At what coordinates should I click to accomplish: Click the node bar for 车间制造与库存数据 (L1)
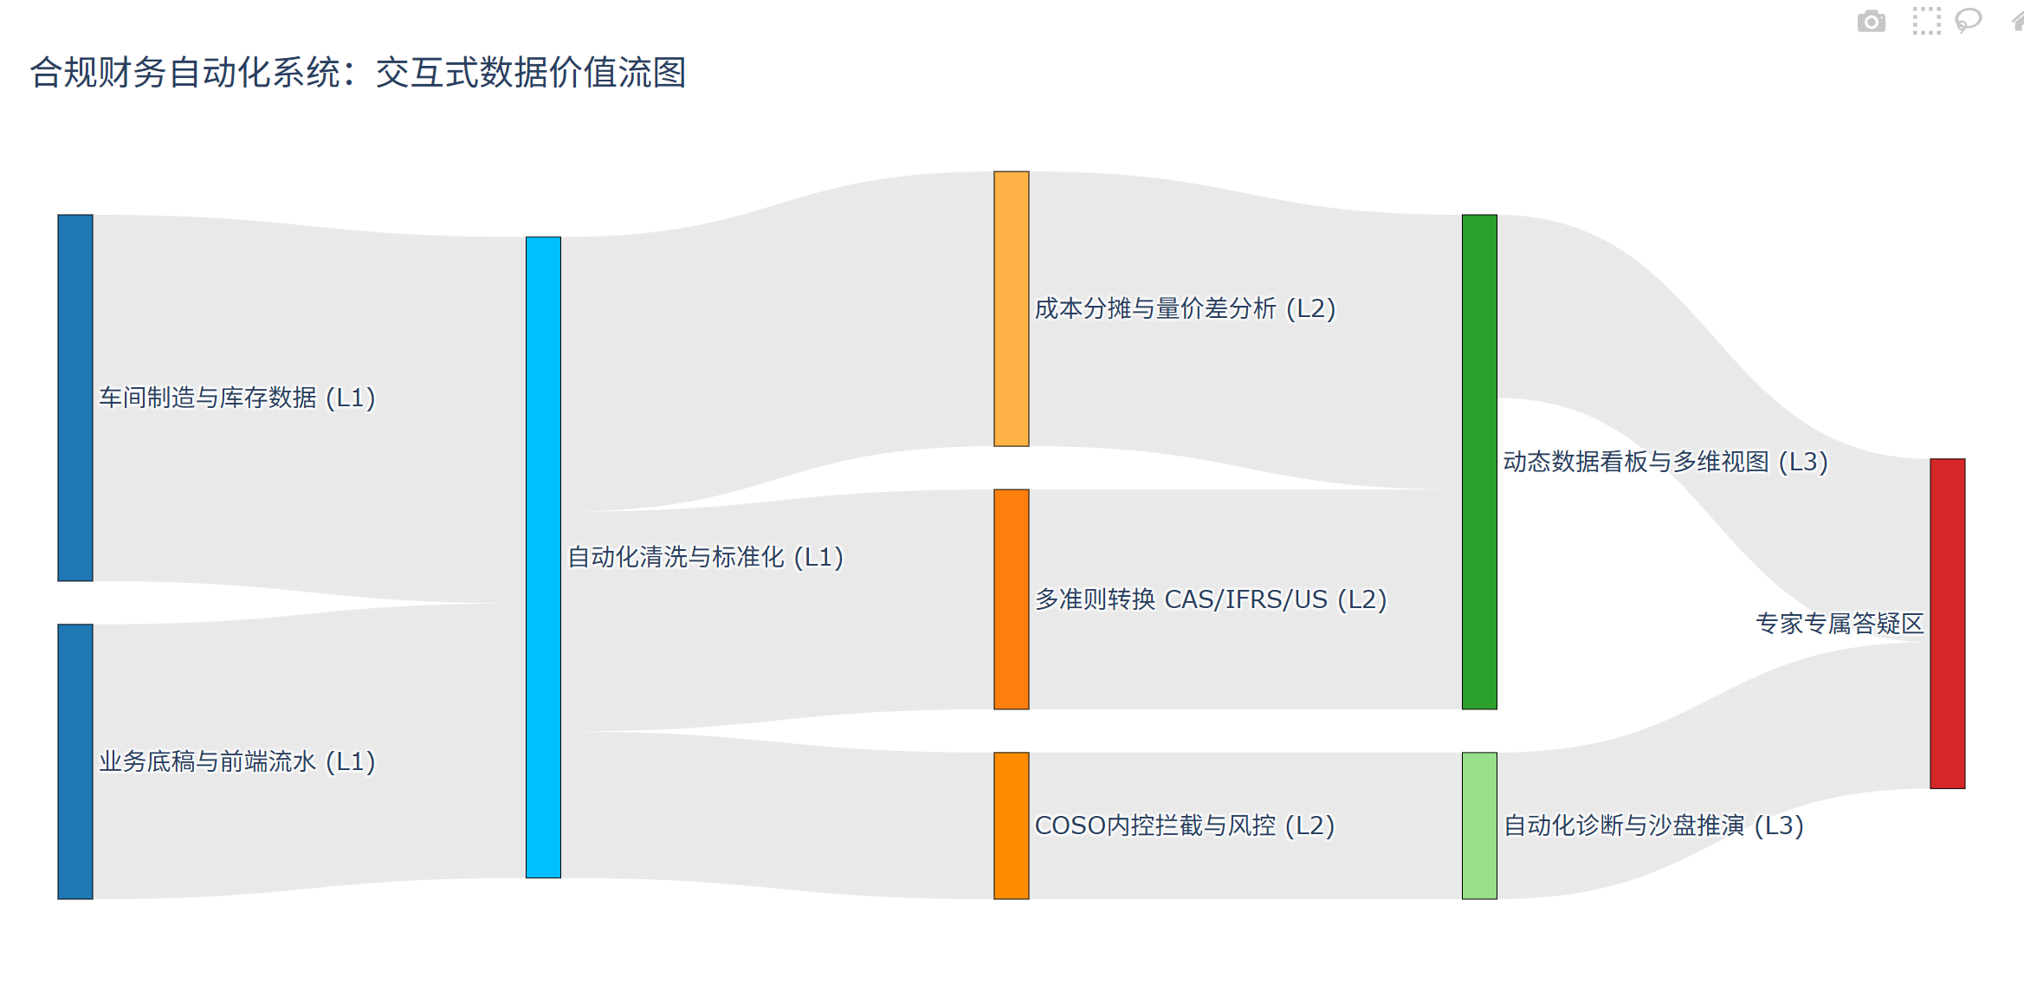[x=75, y=398]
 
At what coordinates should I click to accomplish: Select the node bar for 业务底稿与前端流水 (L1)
[x=75, y=761]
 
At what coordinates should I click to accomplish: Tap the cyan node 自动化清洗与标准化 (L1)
[x=543, y=557]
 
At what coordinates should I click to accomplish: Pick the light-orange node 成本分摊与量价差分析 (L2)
[x=1011, y=308]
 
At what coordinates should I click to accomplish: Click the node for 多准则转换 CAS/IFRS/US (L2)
[x=1011, y=599]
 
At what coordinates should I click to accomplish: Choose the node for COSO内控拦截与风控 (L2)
[x=1011, y=825]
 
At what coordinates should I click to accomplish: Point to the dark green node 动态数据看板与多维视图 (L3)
[x=1479, y=462]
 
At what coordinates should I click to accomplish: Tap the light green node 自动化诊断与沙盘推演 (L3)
[x=1479, y=825]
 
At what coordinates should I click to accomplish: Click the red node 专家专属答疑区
[x=1947, y=623]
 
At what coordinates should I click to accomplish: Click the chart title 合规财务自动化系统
[x=358, y=73]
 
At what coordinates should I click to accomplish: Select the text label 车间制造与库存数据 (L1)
[x=237, y=398]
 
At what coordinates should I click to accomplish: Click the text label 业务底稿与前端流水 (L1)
[x=237, y=761]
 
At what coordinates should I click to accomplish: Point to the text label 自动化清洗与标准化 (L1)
[x=705, y=557]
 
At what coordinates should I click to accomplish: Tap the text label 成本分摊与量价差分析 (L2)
[x=1185, y=308]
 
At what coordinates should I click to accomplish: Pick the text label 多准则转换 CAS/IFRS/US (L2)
[x=1211, y=599]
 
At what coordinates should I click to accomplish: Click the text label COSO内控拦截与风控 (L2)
[x=1184, y=825]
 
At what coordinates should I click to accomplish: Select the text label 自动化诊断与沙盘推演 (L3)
[x=1653, y=825]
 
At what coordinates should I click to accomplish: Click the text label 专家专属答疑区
[x=1840, y=623]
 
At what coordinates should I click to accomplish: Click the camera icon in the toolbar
[x=1871, y=21]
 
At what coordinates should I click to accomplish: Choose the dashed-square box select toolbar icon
[x=1926, y=21]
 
